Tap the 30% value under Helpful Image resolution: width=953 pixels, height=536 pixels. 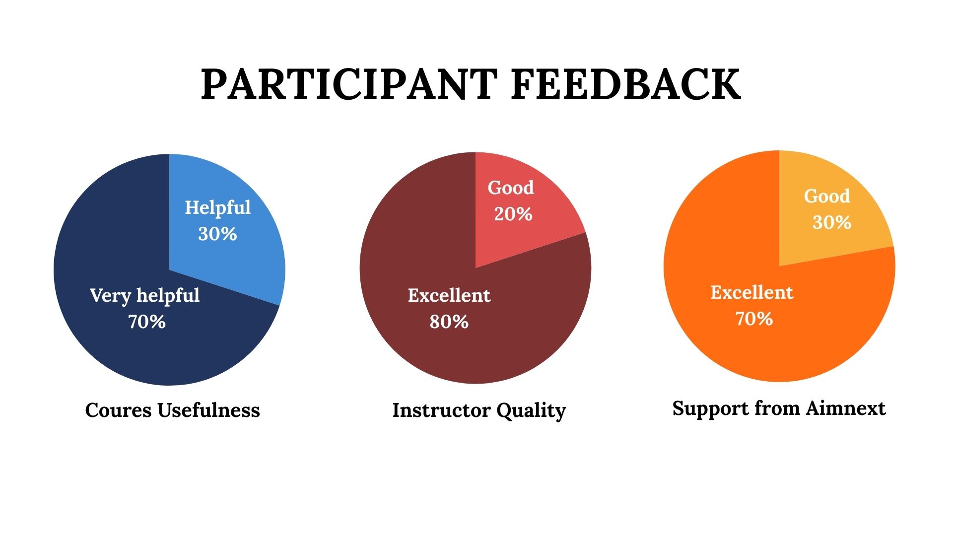coord(217,234)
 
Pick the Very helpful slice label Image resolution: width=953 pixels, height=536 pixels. coord(145,295)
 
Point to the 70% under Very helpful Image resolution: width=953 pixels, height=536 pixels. coord(147,322)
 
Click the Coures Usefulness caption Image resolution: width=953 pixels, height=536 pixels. coord(173,410)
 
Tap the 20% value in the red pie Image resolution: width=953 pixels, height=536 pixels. coord(513,214)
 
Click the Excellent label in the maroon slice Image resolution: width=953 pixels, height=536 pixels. coord(449,295)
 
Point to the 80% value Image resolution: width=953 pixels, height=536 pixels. coord(449,322)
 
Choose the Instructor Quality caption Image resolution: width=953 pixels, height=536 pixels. coord(479,411)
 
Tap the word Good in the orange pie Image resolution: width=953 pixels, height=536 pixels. coord(827,196)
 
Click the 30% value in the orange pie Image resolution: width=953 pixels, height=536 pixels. coord(832,222)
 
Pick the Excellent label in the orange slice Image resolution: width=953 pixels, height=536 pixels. coord(752,292)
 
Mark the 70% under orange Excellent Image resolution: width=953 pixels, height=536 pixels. coord(754,319)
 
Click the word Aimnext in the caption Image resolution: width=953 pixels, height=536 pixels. coord(846,408)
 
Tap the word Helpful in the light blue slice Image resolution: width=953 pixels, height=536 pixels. coord(218,207)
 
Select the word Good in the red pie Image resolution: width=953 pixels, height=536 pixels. coord(511,188)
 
